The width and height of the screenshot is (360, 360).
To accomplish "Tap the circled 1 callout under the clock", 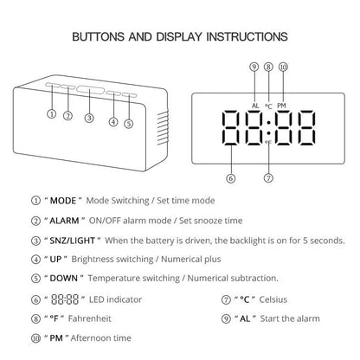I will point(52,114).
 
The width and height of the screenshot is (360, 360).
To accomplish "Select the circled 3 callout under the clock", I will point(89,118).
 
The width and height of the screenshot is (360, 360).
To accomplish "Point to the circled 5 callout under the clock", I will point(129,123).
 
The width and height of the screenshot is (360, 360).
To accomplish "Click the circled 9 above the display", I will point(254,67).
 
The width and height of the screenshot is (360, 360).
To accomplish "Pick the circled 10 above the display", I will point(283,67).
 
